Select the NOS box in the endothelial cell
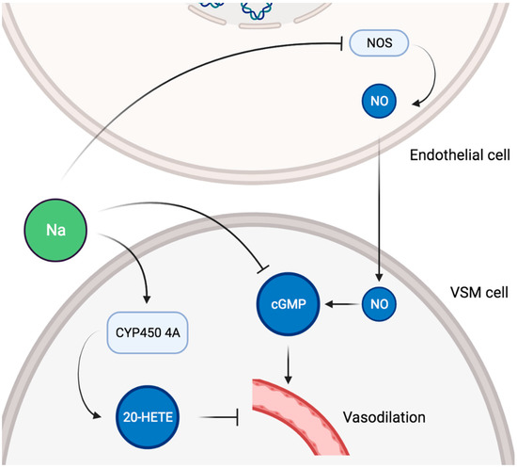point(377,42)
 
